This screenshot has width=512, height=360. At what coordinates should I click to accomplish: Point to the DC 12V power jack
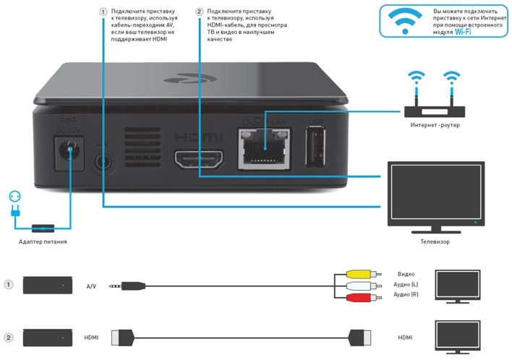[70, 152]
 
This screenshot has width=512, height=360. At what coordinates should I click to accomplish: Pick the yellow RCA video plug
[358, 274]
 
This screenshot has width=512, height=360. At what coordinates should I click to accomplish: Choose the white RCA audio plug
[358, 285]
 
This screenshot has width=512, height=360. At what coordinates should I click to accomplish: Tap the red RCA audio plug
[358, 296]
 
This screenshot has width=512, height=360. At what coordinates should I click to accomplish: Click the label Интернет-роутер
[435, 125]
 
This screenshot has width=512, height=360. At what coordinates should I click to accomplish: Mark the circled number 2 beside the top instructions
[200, 12]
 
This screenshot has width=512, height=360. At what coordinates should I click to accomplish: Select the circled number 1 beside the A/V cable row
[9, 285]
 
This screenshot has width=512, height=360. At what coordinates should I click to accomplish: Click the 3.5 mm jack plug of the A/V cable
[123, 286]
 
